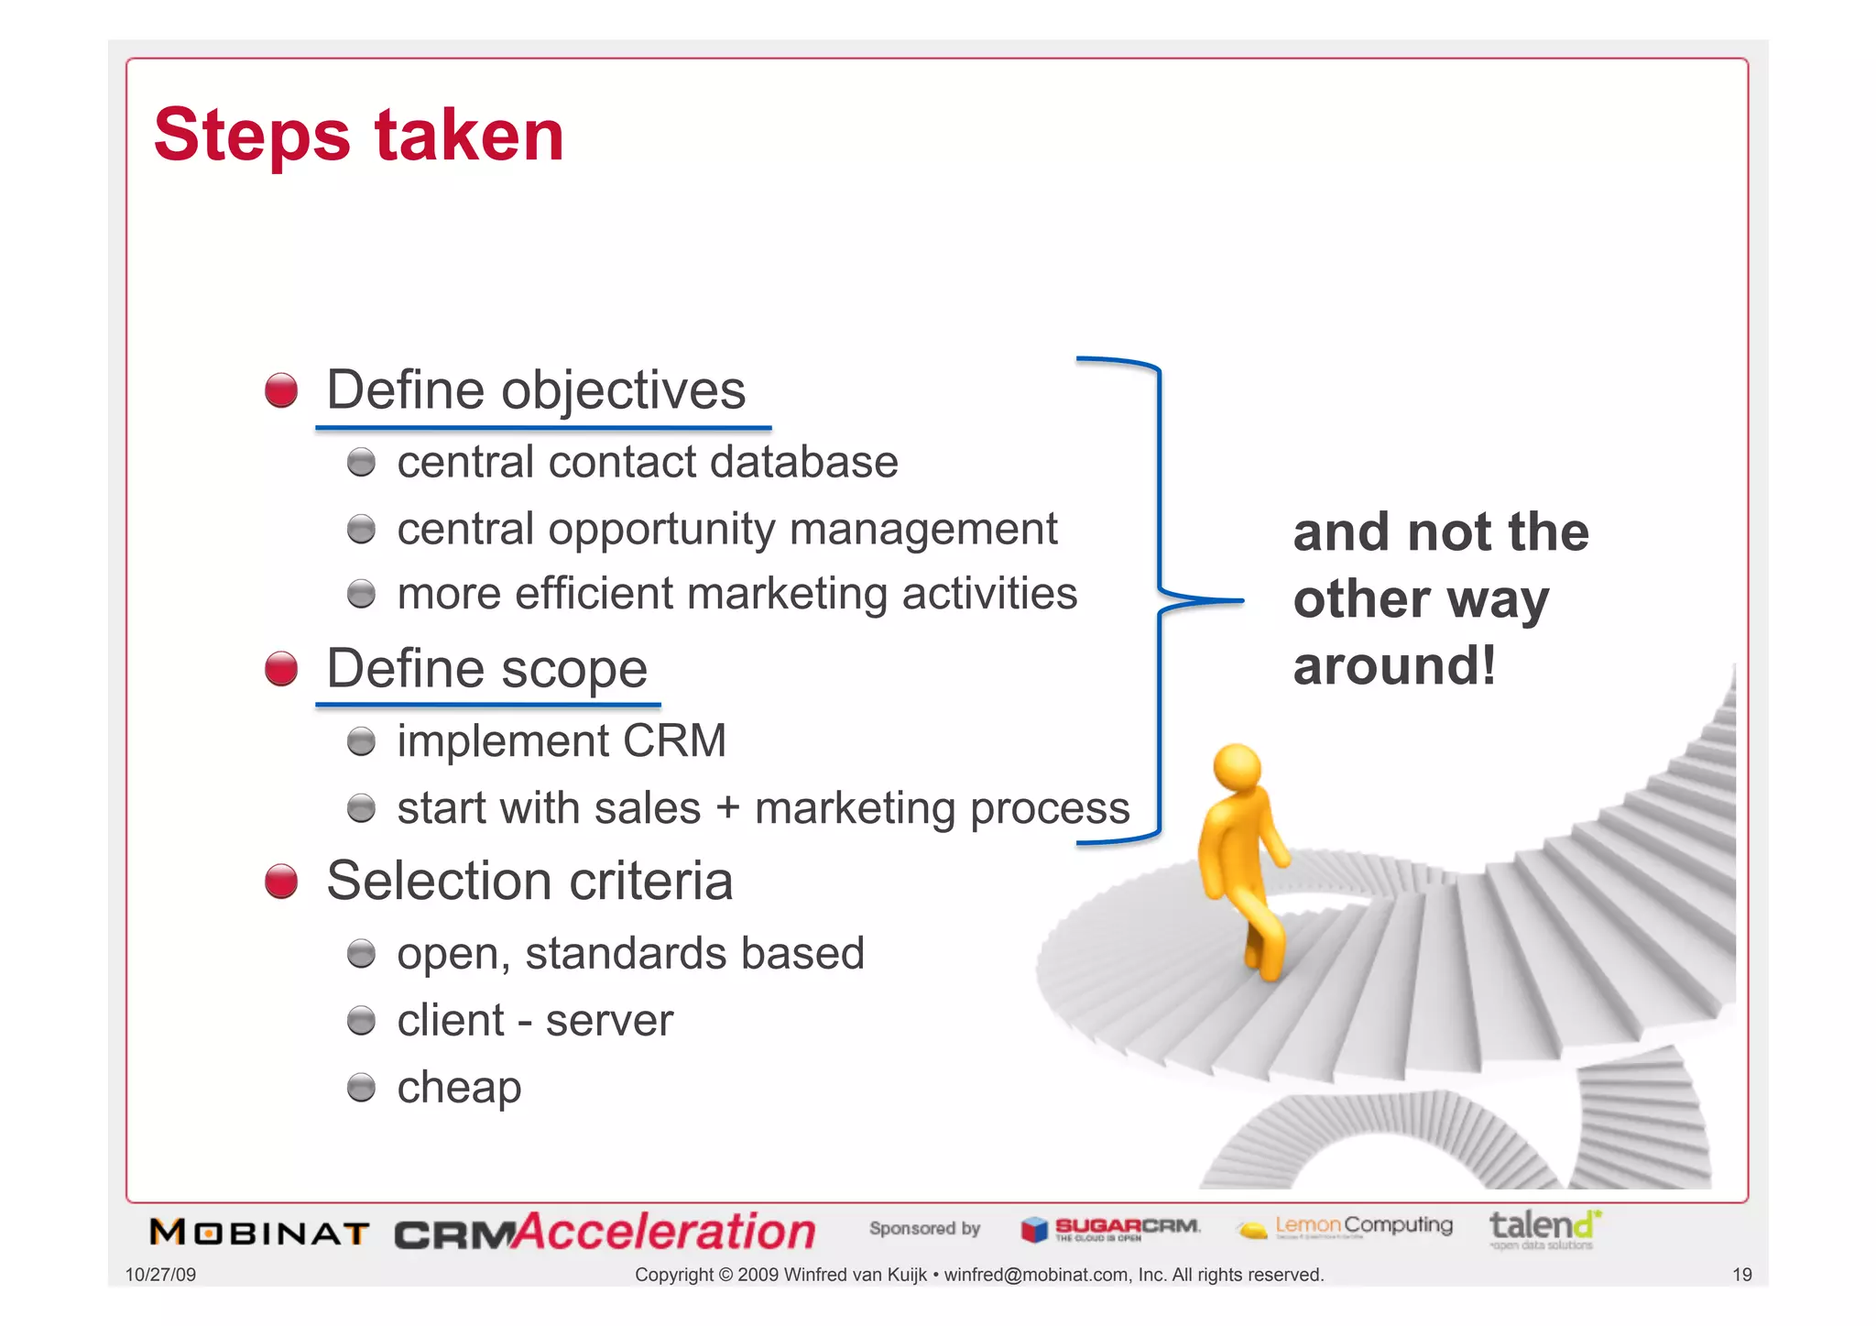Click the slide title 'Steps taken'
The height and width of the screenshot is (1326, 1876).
click(x=358, y=136)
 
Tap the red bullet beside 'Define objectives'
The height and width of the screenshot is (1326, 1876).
click(x=281, y=390)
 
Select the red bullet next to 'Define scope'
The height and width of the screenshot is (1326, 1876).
click(x=281, y=669)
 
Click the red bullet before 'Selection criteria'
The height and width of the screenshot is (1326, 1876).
click(x=281, y=882)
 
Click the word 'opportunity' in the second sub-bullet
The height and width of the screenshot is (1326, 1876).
click(x=660, y=530)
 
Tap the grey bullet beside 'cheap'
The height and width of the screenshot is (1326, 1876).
click(x=362, y=1088)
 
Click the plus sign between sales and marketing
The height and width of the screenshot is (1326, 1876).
click(x=727, y=809)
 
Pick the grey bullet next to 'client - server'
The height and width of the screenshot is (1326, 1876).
click(x=362, y=1021)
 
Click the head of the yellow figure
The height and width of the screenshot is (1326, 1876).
click(x=1237, y=766)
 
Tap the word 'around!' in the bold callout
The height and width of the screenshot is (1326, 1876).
click(x=1394, y=665)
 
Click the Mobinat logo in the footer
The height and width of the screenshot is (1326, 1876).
click(x=259, y=1233)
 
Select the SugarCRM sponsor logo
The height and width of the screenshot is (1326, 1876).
click(x=1110, y=1229)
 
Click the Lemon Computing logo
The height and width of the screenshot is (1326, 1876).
click(x=1345, y=1227)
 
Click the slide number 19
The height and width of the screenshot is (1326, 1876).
click(x=1741, y=1275)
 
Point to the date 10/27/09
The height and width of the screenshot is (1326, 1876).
click(x=160, y=1275)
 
